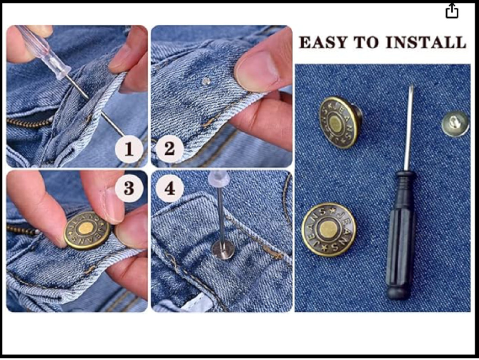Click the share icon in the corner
[x=452, y=11]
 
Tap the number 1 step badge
[x=129, y=149]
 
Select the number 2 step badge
[x=170, y=149]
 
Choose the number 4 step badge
[x=170, y=189]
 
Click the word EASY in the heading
[x=323, y=42]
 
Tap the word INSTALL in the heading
[x=426, y=42]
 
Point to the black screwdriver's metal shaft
[x=409, y=128]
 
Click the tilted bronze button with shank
[x=340, y=122]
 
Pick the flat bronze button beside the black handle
[x=329, y=230]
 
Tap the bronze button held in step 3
[x=87, y=230]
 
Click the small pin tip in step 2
[x=206, y=81]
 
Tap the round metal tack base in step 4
[x=223, y=249]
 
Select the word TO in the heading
[x=367, y=42]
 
